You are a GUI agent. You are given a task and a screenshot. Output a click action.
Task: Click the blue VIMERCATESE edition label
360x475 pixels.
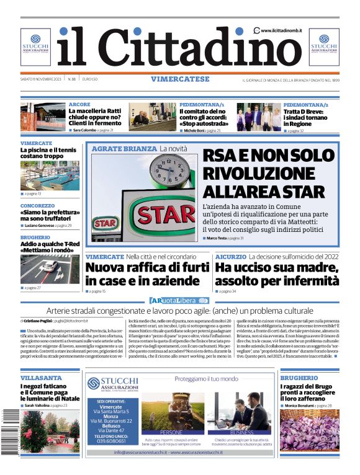coord(179,79)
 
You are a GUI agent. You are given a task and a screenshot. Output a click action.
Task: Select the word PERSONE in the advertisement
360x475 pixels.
coord(171,432)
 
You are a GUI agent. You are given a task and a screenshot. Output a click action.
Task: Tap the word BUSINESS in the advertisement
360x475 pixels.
coord(241,432)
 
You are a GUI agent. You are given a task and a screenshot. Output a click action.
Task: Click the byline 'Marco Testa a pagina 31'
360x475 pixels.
coord(225,238)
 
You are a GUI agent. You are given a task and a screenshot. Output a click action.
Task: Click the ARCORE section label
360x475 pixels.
coord(79,104)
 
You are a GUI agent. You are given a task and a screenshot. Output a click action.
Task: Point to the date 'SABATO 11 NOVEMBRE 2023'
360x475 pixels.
coord(42,79)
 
